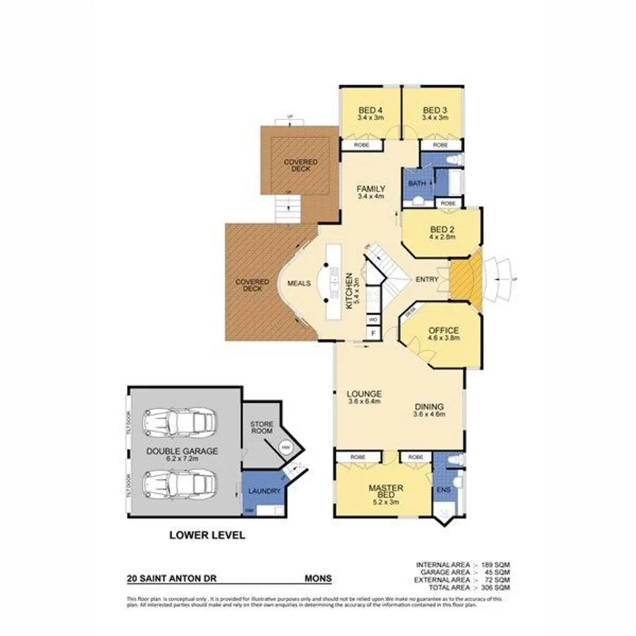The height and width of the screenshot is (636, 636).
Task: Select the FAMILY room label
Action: pos(370,189)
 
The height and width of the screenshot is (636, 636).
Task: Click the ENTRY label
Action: pos(428,280)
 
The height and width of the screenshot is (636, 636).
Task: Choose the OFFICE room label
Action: pos(444,330)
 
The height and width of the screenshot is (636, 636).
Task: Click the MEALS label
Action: pos(300,284)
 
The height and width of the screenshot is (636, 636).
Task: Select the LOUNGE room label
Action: pos(365,394)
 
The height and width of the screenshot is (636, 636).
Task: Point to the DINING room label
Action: pos(429,407)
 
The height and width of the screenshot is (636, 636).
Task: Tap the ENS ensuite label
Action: pos(443,489)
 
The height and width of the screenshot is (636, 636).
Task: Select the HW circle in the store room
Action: pos(285,448)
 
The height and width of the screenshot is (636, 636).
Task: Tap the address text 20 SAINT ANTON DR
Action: pos(172,577)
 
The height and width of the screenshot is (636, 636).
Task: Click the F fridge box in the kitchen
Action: pos(372,332)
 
